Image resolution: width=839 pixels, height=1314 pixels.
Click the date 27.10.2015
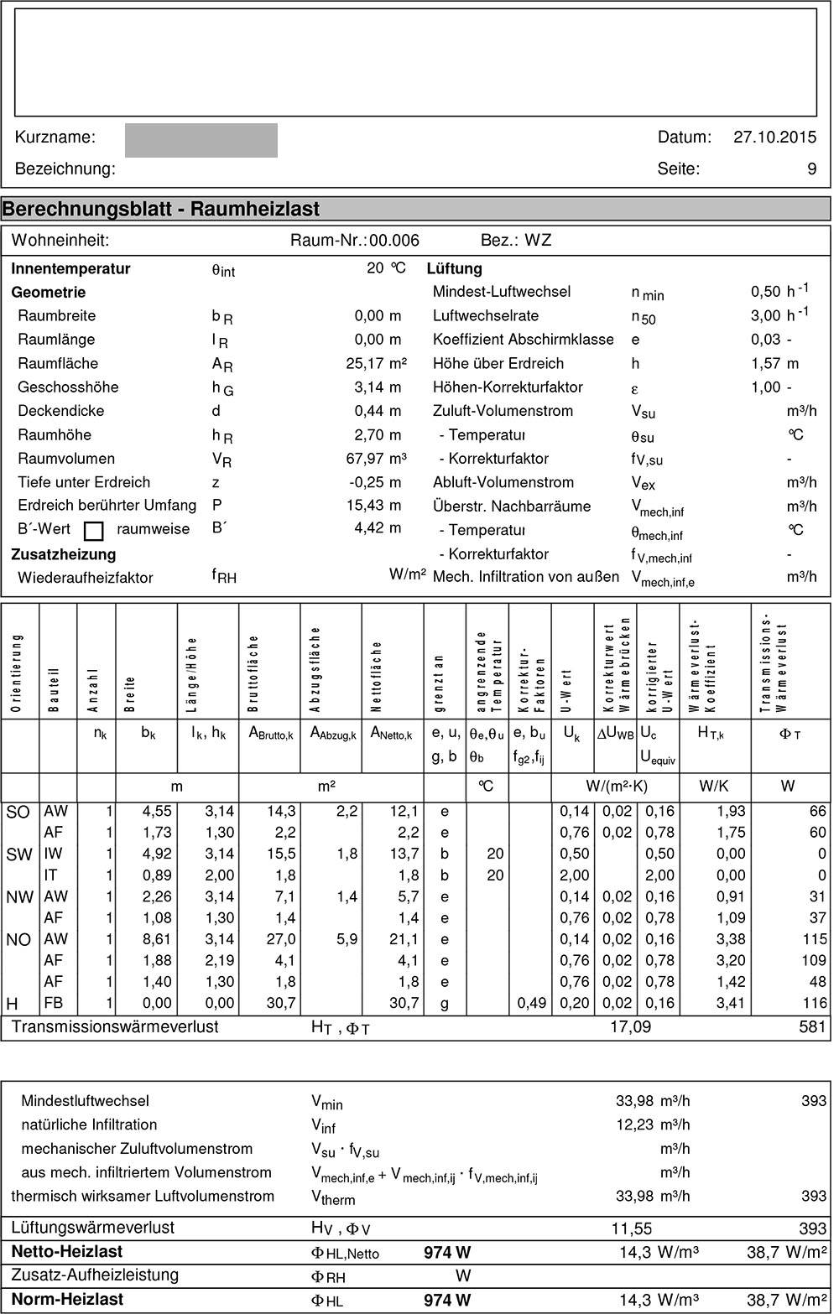point(774,138)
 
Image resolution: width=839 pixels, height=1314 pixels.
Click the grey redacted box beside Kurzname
point(201,140)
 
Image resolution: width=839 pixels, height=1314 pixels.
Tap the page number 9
point(811,169)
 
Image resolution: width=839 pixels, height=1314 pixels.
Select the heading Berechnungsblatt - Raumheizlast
point(161,209)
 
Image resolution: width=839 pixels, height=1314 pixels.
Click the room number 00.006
point(394,241)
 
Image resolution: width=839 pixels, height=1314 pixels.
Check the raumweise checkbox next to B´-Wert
point(94,531)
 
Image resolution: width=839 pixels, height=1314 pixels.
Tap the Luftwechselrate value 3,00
point(765,316)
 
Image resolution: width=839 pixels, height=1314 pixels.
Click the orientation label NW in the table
point(18,897)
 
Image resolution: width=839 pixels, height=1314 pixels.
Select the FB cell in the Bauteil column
point(53,1004)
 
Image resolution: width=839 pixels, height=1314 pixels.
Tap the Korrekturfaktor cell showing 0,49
point(532,1004)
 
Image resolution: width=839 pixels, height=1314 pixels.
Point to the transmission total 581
point(812,1026)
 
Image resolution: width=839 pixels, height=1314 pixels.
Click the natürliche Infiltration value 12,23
point(633,1124)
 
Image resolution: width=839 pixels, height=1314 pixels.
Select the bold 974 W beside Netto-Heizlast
point(447,1252)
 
